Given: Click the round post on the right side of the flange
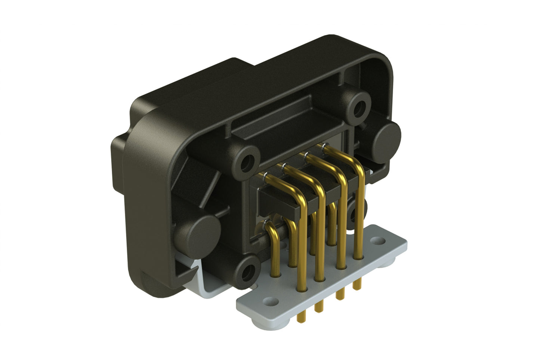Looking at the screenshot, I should pos(387,136).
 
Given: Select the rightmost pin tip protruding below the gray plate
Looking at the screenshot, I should pos(358,285).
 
